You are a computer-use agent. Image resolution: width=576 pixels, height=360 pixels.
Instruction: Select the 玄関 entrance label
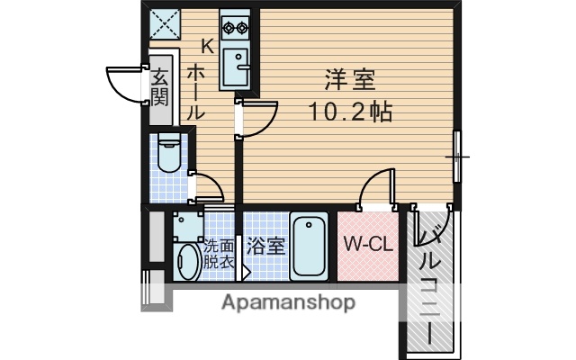[x=159, y=86]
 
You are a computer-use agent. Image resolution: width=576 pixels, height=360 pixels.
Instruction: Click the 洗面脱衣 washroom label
[x=218, y=253]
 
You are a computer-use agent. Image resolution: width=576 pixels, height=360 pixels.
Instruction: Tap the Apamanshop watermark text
[x=288, y=302]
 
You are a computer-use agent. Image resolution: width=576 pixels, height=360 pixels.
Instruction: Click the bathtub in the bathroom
[x=309, y=247]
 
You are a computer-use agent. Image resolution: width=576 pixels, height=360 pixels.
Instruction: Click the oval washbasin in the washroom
[x=186, y=262]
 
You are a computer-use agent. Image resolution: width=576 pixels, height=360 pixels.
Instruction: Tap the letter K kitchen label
[x=206, y=45]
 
